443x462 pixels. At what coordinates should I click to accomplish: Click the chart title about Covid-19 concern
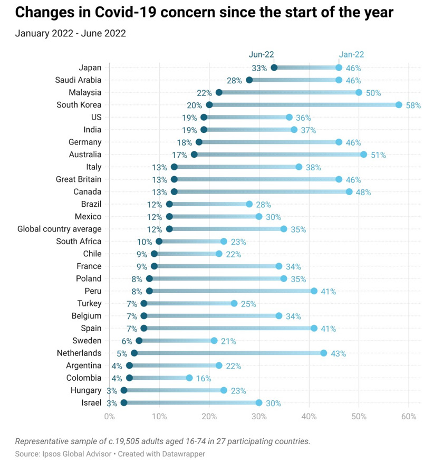(204, 13)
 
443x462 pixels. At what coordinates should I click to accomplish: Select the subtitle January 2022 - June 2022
(70, 34)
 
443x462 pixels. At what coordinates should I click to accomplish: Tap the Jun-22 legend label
(261, 54)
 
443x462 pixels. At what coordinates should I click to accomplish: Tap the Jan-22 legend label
(351, 54)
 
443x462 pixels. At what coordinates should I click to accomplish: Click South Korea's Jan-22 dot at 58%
(399, 105)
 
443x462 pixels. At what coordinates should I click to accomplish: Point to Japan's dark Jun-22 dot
(274, 68)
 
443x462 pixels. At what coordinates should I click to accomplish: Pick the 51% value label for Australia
(379, 155)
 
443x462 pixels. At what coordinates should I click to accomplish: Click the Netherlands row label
(78, 353)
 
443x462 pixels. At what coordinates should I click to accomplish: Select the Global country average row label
(59, 229)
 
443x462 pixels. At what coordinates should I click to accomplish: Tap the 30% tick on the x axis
(259, 417)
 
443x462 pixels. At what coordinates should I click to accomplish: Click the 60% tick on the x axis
(409, 417)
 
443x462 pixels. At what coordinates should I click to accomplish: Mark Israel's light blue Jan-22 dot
(259, 403)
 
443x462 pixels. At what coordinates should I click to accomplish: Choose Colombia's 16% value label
(204, 378)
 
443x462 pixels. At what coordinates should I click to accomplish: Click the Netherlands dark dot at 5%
(134, 353)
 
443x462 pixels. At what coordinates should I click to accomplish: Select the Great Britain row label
(79, 179)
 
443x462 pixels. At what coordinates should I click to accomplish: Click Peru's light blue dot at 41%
(314, 291)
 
